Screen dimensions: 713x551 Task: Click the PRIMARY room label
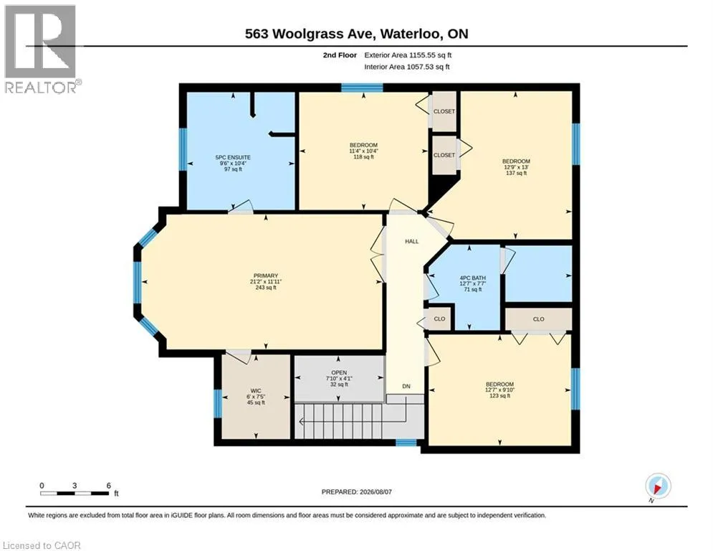click(266, 275)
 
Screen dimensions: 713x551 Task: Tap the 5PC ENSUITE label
click(233, 158)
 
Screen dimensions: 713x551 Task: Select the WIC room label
click(256, 391)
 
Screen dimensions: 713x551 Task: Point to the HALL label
click(412, 241)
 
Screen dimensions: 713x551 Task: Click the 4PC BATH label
click(473, 278)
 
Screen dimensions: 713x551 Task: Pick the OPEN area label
click(339, 372)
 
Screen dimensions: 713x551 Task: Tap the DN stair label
click(406, 386)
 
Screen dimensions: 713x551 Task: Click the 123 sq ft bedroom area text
click(499, 396)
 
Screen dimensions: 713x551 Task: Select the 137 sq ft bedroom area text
click(516, 173)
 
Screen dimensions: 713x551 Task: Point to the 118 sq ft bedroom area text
click(364, 157)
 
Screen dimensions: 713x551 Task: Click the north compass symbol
click(658, 486)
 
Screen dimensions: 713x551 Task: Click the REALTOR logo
click(41, 49)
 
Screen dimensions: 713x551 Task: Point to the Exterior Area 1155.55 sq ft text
click(408, 55)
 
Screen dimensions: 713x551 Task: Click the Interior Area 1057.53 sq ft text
click(407, 67)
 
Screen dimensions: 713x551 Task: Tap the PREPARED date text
click(357, 491)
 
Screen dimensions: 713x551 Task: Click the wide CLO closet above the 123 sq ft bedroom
click(538, 319)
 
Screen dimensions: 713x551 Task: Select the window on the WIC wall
click(218, 403)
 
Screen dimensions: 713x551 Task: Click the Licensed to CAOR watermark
click(42, 545)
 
